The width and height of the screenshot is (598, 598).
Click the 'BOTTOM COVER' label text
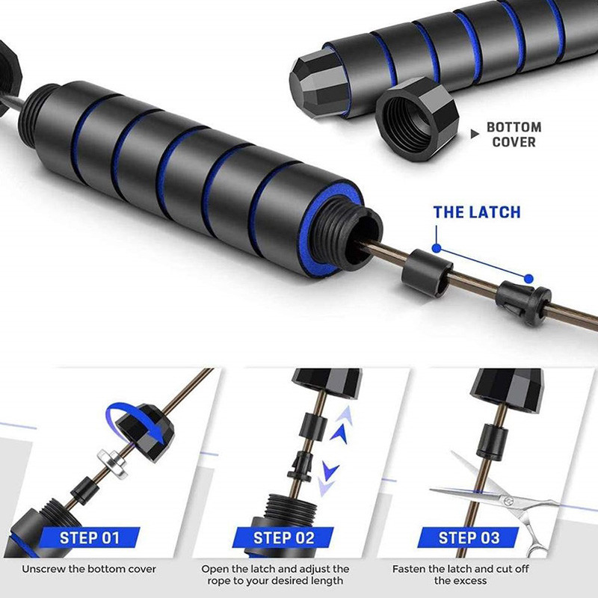pyautogui.click(x=514, y=135)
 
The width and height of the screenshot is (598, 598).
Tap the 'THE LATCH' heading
pyautogui.click(x=477, y=212)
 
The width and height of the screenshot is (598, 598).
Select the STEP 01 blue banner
pyautogui.click(x=89, y=537)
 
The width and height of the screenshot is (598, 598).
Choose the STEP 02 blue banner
pyautogui.click(x=283, y=537)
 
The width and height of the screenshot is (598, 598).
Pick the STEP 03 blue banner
pyautogui.click(x=469, y=537)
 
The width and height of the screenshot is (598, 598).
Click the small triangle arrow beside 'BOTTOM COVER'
pyautogui.click(x=475, y=134)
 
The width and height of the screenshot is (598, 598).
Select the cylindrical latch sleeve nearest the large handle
pyautogui.click(x=426, y=272)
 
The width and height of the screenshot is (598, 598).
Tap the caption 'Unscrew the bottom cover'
pyautogui.click(x=89, y=569)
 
